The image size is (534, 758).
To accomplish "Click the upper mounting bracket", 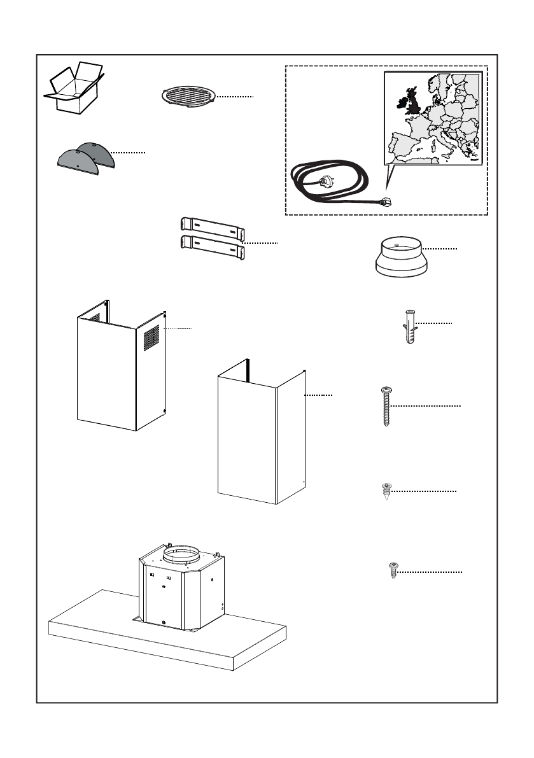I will pyautogui.click(x=212, y=226).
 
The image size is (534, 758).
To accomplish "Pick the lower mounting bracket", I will pyautogui.click(x=212, y=245).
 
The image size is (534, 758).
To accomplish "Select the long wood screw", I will pyautogui.click(x=386, y=405).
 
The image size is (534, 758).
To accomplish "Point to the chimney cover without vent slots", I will pyautogui.click(x=261, y=439).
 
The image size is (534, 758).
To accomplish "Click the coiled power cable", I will pyautogui.click(x=331, y=181).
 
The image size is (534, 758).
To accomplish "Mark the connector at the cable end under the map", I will pyautogui.click(x=384, y=202).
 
